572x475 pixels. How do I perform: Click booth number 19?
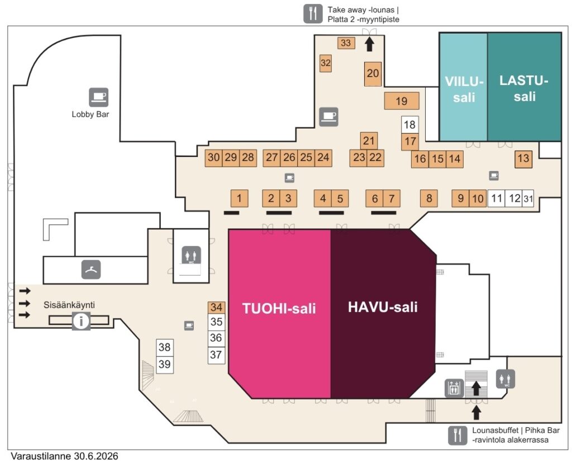click(x=402, y=101)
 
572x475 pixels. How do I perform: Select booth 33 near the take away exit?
click(x=346, y=42)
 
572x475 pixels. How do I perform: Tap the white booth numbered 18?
click(x=409, y=125)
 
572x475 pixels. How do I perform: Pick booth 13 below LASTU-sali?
click(x=523, y=159)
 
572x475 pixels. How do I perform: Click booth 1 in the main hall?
click(x=239, y=198)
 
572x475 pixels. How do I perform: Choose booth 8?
click(x=428, y=198)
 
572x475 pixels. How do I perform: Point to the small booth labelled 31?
click(x=528, y=199)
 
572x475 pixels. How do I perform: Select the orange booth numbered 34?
click(x=216, y=307)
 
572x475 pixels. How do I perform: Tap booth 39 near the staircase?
click(x=165, y=364)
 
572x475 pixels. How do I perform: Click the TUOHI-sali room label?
click(x=279, y=308)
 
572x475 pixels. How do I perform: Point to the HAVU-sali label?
click(x=383, y=307)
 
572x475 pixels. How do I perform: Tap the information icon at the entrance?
click(x=81, y=321)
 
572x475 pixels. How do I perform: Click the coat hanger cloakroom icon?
click(x=91, y=269)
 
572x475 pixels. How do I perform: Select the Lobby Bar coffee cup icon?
click(x=98, y=97)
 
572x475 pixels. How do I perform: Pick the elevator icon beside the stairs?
click(x=454, y=388)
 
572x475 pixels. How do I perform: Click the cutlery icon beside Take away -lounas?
click(x=313, y=14)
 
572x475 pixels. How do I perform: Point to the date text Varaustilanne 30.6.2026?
click(x=65, y=457)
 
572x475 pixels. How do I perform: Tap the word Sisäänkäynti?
click(x=69, y=305)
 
